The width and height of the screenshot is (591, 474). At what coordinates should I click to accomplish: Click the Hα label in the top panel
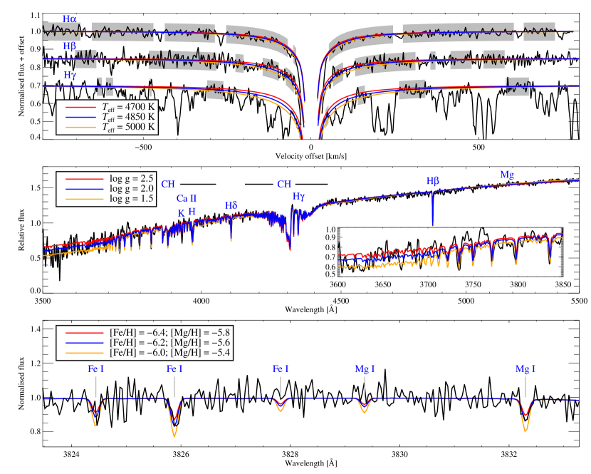pyautogui.click(x=70, y=19)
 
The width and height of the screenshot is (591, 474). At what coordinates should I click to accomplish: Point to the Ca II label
pyautogui.click(x=187, y=199)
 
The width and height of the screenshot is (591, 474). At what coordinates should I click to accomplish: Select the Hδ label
pyautogui.click(x=231, y=205)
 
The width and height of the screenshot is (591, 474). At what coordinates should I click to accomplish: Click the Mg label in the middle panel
pyautogui.click(x=507, y=174)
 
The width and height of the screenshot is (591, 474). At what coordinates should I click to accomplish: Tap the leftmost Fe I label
pyautogui.click(x=95, y=369)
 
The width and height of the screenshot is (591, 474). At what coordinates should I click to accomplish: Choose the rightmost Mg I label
pyautogui.click(x=525, y=369)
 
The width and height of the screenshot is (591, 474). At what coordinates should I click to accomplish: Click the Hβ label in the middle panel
pyautogui.click(x=433, y=181)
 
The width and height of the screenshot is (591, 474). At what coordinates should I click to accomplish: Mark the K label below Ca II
pyautogui.click(x=181, y=212)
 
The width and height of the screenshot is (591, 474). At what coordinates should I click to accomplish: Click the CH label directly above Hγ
pyautogui.click(x=284, y=185)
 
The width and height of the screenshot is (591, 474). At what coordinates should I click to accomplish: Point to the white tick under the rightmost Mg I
pyautogui.click(x=525, y=386)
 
